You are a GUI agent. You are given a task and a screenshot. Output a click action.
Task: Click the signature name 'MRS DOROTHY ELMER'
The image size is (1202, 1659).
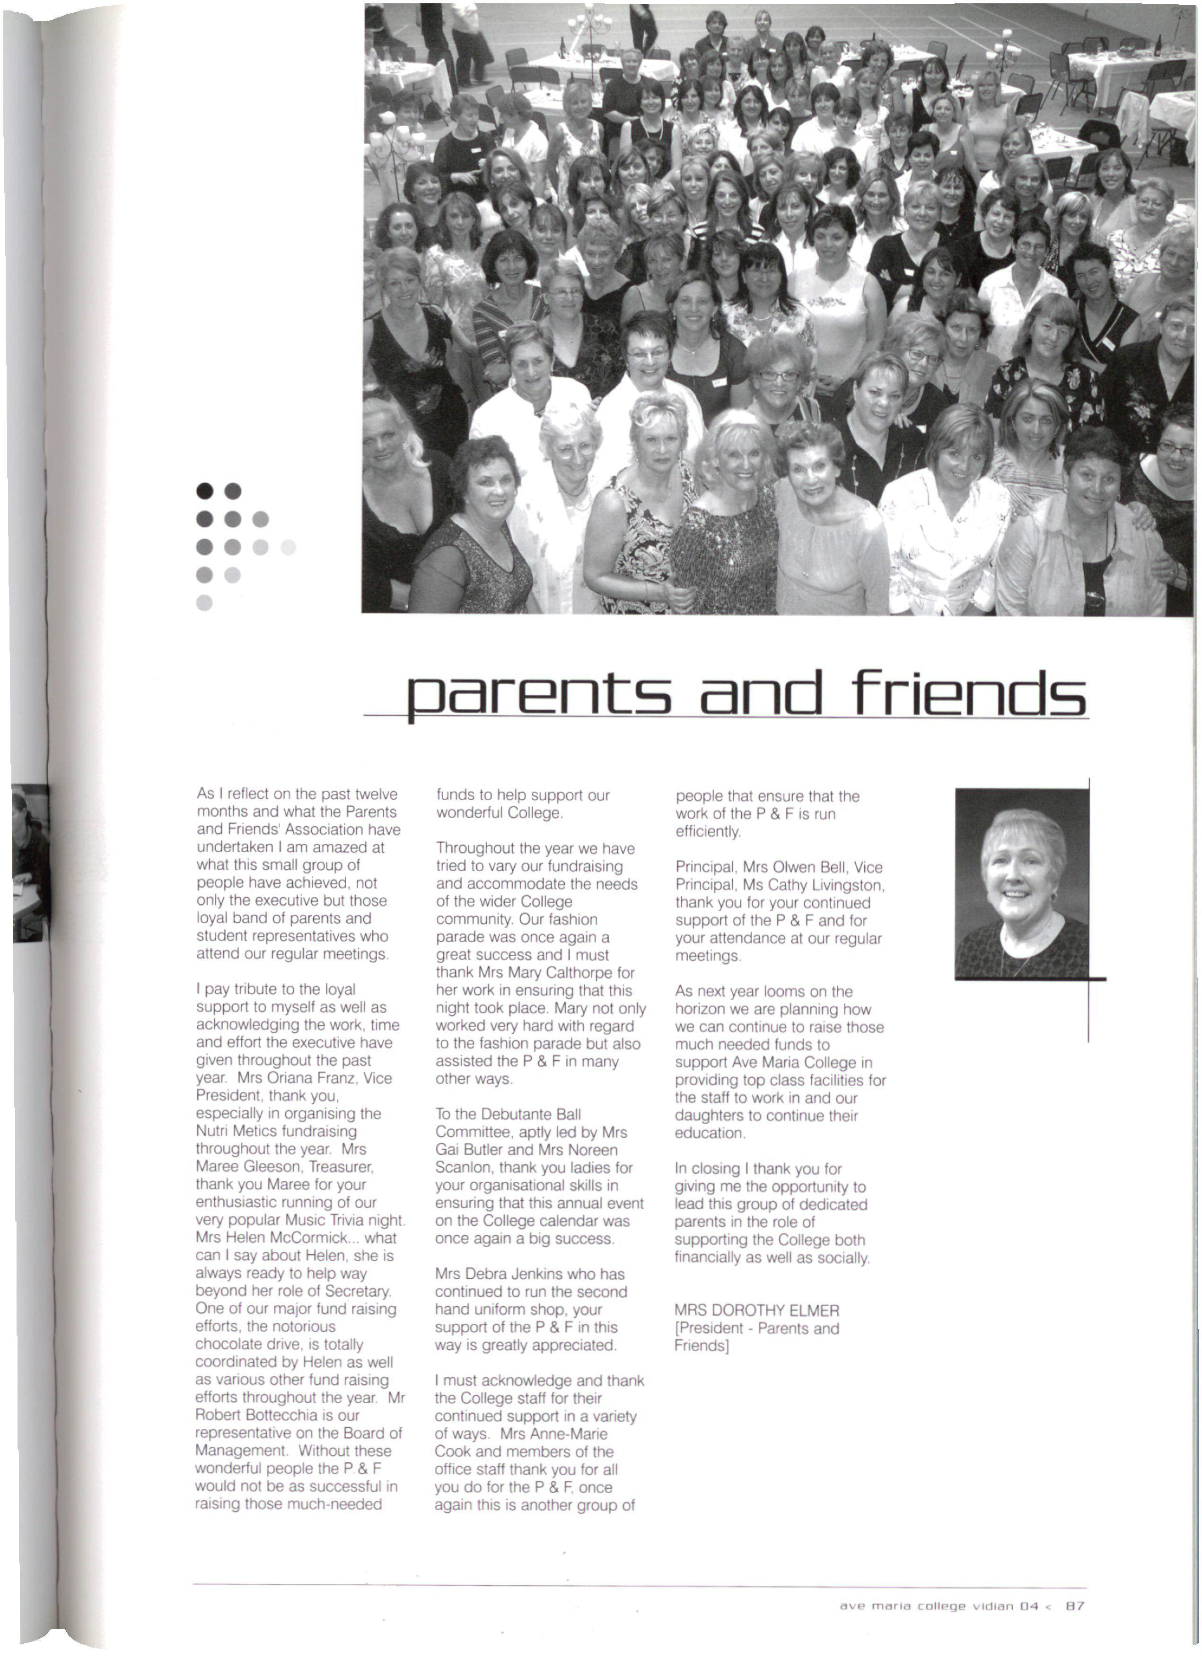(756, 1310)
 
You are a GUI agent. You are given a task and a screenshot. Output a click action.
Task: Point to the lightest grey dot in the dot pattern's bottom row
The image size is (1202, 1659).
(205, 603)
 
